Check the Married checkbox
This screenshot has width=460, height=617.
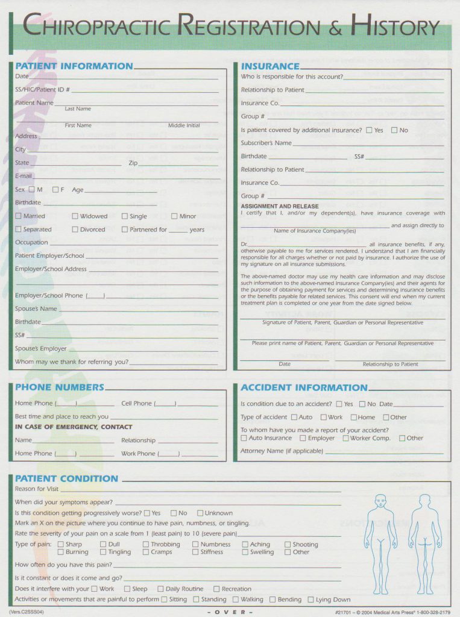(19, 216)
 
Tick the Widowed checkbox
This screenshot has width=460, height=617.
(75, 216)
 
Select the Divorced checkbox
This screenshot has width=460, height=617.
(75, 230)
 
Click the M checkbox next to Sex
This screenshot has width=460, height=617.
(31, 190)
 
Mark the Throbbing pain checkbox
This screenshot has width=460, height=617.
(146, 545)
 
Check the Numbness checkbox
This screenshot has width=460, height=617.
(196, 545)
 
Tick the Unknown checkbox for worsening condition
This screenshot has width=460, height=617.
(200, 513)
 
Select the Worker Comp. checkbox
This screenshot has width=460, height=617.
(346, 439)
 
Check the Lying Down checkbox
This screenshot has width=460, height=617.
(311, 600)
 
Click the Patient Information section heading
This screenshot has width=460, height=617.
(74, 66)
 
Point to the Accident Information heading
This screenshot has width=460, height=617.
(304, 388)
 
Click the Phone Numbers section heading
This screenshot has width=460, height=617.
(60, 387)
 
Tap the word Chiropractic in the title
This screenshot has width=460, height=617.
(99, 27)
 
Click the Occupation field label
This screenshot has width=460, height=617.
(31, 243)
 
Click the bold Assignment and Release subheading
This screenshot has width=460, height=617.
(280, 206)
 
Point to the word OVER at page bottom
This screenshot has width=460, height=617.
(230, 612)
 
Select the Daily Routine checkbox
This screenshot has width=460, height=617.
(161, 589)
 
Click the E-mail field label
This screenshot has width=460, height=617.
(24, 177)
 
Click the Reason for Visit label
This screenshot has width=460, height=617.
(37, 489)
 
